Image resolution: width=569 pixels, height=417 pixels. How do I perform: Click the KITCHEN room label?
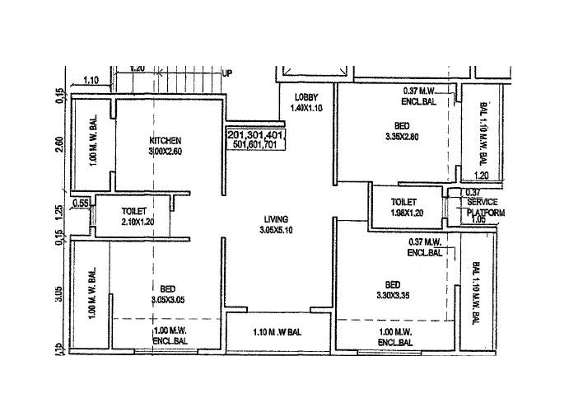click(166, 140)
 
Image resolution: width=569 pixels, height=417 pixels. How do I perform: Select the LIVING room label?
click(275, 219)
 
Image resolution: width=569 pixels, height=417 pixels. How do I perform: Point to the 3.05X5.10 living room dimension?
click(276, 230)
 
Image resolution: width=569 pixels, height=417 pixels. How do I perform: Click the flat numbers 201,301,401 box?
click(254, 134)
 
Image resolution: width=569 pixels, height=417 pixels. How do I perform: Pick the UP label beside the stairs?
click(227, 73)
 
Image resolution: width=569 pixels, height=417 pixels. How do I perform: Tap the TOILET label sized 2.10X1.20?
click(134, 211)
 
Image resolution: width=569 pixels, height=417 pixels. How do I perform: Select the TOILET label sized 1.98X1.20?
click(403, 202)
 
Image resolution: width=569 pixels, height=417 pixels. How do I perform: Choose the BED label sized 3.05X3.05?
click(167, 288)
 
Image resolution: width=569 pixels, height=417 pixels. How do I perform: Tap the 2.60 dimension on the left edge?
click(58, 143)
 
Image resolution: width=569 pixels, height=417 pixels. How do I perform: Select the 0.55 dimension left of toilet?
click(81, 203)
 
